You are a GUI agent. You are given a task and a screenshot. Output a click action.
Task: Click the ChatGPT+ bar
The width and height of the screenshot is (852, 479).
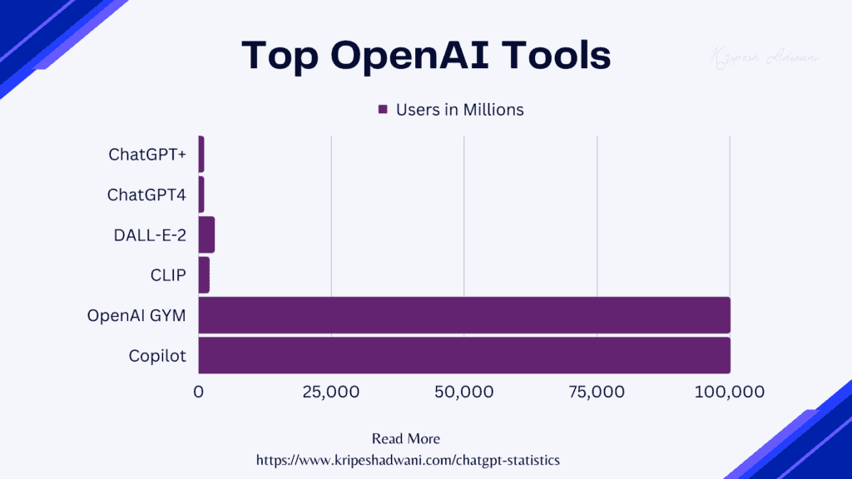(x=201, y=155)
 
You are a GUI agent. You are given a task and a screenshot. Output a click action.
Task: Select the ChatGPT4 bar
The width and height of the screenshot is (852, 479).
(x=201, y=195)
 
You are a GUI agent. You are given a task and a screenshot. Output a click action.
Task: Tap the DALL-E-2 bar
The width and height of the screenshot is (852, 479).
(x=206, y=235)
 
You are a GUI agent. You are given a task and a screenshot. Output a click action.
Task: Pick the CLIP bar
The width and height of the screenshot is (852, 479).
(x=204, y=275)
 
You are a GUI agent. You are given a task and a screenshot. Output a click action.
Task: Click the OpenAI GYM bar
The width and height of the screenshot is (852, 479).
(x=464, y=315)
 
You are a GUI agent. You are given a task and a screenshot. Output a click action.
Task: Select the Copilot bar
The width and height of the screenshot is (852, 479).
(x=464, y=356)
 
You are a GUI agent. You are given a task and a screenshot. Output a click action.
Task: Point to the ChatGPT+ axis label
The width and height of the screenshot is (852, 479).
(x=147, y=155)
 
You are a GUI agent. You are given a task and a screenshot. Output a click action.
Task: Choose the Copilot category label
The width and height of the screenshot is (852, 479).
(x=157, y=356)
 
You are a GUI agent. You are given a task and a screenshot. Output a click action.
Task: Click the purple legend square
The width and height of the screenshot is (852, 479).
(x=384, y=110)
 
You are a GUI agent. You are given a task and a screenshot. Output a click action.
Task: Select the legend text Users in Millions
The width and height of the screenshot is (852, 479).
(x=459, y=110)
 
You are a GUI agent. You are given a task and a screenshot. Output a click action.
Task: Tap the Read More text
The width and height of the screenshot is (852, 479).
(x=406, y=438)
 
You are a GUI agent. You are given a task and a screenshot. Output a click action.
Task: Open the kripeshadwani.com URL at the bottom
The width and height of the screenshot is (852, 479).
(x=407, y=459)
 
